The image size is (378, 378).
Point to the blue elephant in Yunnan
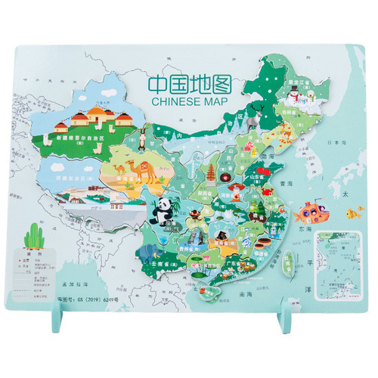click(x=146, y=250)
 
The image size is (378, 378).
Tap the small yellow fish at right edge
click(x=353, y=213)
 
